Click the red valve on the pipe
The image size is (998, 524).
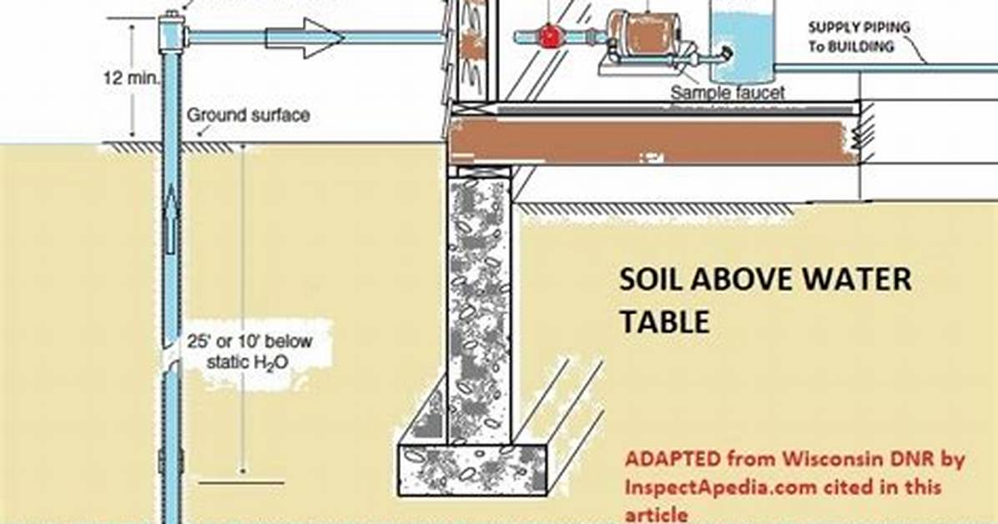(x=548, y=36)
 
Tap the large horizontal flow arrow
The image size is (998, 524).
(x=305, y=38)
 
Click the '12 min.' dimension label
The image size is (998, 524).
(x=131, y=78)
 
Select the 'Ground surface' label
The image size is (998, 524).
(x=248, y=115)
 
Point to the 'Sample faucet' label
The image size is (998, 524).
(x=728, y=93)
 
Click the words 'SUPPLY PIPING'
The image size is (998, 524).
(x=859, y=28)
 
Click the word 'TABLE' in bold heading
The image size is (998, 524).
(x=664, y=321)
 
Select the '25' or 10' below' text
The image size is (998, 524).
(x=249, y=341)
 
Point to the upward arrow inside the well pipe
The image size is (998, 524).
(x=170, y=219)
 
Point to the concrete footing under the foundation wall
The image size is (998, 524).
(x=472, y=470)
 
